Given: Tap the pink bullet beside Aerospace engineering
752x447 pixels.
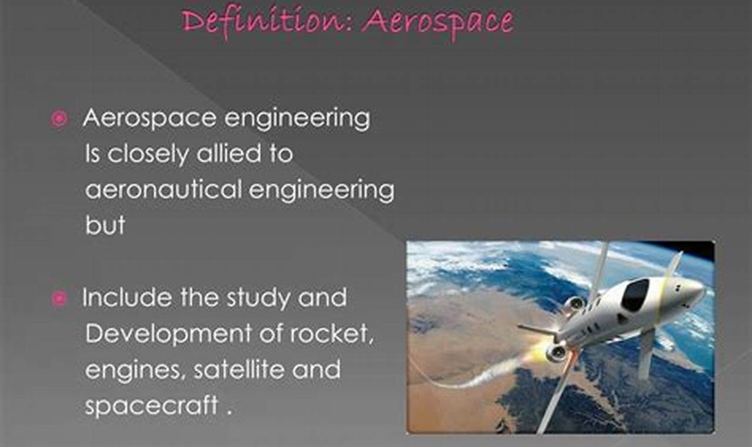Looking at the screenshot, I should point(59,119).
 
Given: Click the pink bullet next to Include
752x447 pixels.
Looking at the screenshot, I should point(59,299).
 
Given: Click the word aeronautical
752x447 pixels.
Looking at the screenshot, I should point(163,190).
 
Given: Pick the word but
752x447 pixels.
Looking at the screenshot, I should point(105,226).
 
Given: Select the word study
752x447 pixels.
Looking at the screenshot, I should point(260,299).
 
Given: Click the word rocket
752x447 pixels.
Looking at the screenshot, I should point(331,334).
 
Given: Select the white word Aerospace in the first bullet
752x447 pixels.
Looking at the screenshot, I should point(149,119).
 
